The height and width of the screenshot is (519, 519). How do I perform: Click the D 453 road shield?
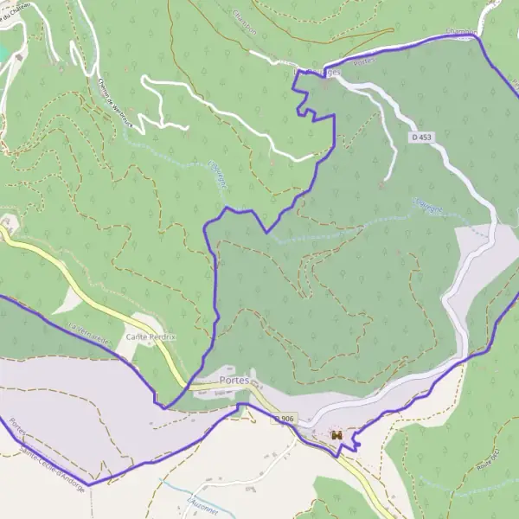pyautogui.click(x=421, y=137)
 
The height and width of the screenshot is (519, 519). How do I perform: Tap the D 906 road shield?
pyautogui.click(x=285, y=419)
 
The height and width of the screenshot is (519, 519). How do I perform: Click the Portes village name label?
pyautogui.click(x=234, y=380)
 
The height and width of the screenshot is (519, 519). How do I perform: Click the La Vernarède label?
pyautogui.click(x=91, y=334)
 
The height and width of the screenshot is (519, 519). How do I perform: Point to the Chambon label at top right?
pyautogui.click(x=460, y=33)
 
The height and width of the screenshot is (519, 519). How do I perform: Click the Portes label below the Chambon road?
pyautogui.click(x=362, y=61)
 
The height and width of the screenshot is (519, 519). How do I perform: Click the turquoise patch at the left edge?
pyautogui.click(x=4, y=53)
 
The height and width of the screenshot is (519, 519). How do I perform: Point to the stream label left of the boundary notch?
pyautogui.click(x=215, y=172)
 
